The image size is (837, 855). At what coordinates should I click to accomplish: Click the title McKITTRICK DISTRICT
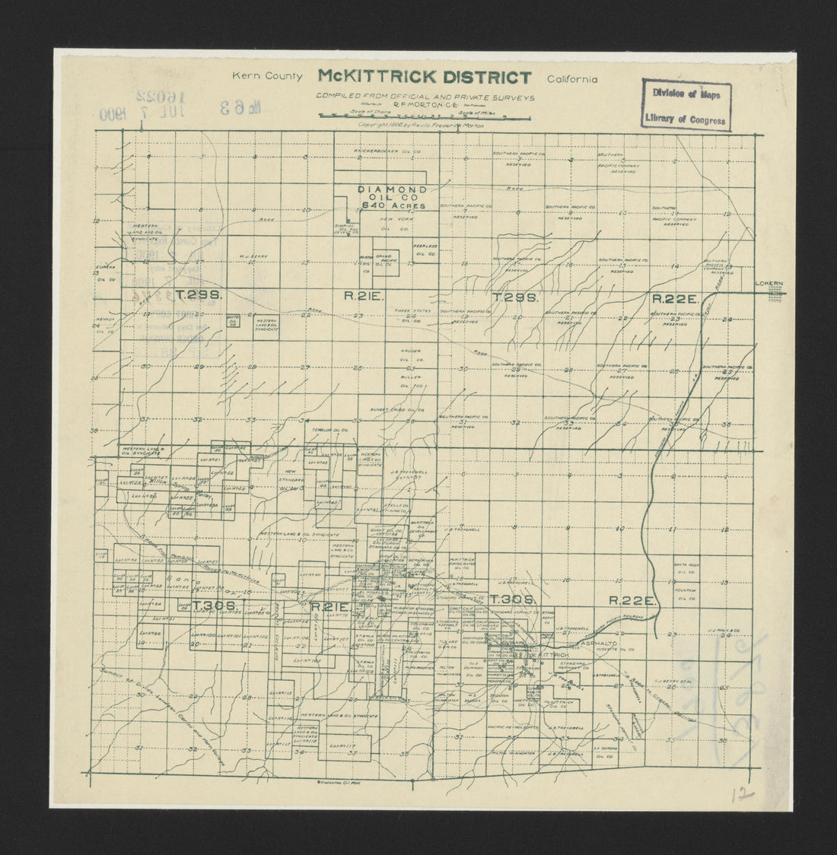[x=425, y=77]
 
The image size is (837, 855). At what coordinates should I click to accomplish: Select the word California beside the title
[x=571, y=78]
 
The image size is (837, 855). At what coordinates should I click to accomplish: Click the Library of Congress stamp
[x=686, y=105]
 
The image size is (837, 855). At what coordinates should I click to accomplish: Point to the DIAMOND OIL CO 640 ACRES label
[x=393, y=197]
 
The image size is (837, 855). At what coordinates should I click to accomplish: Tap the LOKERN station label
[x=769, y=284]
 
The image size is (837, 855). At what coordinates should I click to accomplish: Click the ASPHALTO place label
[x=600, y=644]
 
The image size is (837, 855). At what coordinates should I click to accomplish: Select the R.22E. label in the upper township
[x=675, y=299]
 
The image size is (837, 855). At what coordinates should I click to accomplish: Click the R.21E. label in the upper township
[x=357, y=298]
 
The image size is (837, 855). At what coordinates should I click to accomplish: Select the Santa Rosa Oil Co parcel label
[x=686, y=567]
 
